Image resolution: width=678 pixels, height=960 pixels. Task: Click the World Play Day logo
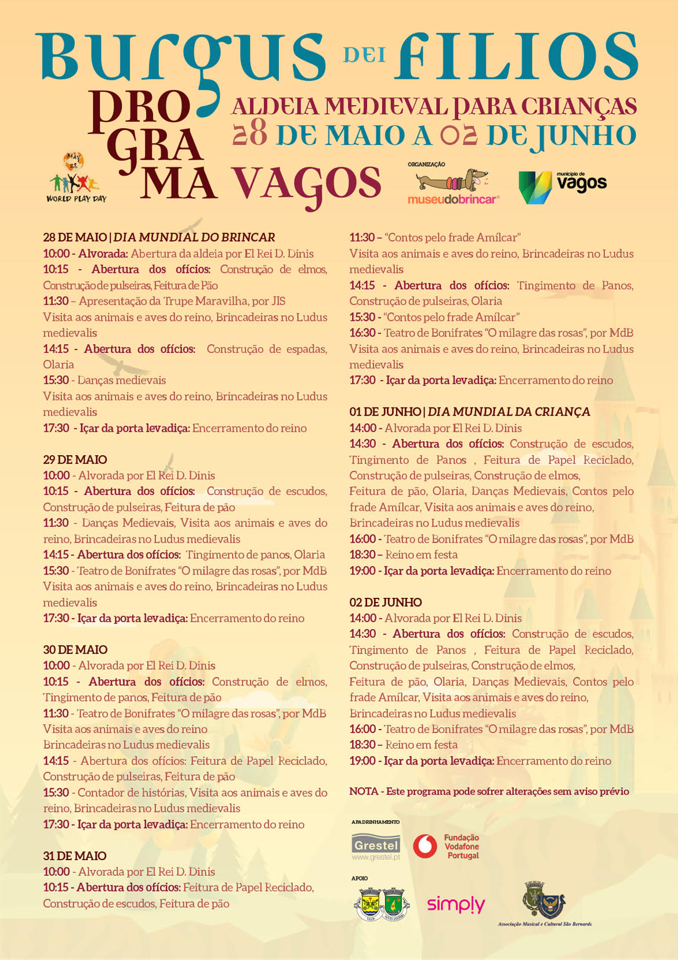(76, 177)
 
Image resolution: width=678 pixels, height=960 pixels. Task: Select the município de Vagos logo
(561, 186)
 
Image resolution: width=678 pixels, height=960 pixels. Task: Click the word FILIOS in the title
(516, 57)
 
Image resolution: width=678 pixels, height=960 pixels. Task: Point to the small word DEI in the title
(364, 55)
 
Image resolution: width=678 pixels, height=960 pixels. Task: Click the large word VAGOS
(306, 184)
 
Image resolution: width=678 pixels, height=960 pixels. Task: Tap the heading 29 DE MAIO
(75, 460)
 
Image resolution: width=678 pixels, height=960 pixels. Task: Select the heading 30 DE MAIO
(75, 650)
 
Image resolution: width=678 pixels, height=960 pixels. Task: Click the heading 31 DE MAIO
(74, 856)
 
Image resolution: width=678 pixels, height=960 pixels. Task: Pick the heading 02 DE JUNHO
(385, 602)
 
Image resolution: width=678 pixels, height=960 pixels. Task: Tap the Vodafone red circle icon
(425, 846)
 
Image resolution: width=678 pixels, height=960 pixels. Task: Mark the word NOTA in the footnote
(363, 792)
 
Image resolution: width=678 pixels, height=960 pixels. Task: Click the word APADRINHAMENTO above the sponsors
(375, 822)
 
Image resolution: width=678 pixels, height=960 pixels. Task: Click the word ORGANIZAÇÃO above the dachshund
(426, 164)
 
